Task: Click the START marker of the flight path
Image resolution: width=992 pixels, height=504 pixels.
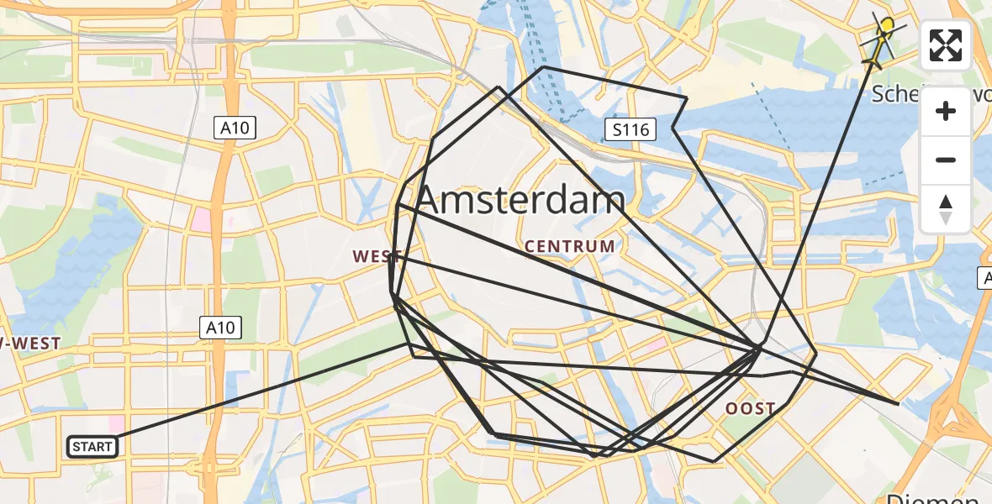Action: (92, 447)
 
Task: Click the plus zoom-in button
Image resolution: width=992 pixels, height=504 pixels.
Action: (946, 111)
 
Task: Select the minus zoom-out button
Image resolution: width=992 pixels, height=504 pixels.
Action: (946, 160)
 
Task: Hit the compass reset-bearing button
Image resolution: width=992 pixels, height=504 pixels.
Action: (946, 208)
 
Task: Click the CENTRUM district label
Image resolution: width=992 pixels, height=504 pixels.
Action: (570, 247)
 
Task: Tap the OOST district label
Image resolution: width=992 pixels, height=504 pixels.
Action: (751, 409)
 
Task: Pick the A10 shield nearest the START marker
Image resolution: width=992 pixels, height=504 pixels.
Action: (221, 328)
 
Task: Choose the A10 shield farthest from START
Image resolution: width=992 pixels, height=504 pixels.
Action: (235, 129)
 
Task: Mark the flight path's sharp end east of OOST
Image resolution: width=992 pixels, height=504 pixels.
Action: (898, 404)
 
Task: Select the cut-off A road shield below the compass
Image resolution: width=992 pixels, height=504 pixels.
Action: (984, 278)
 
